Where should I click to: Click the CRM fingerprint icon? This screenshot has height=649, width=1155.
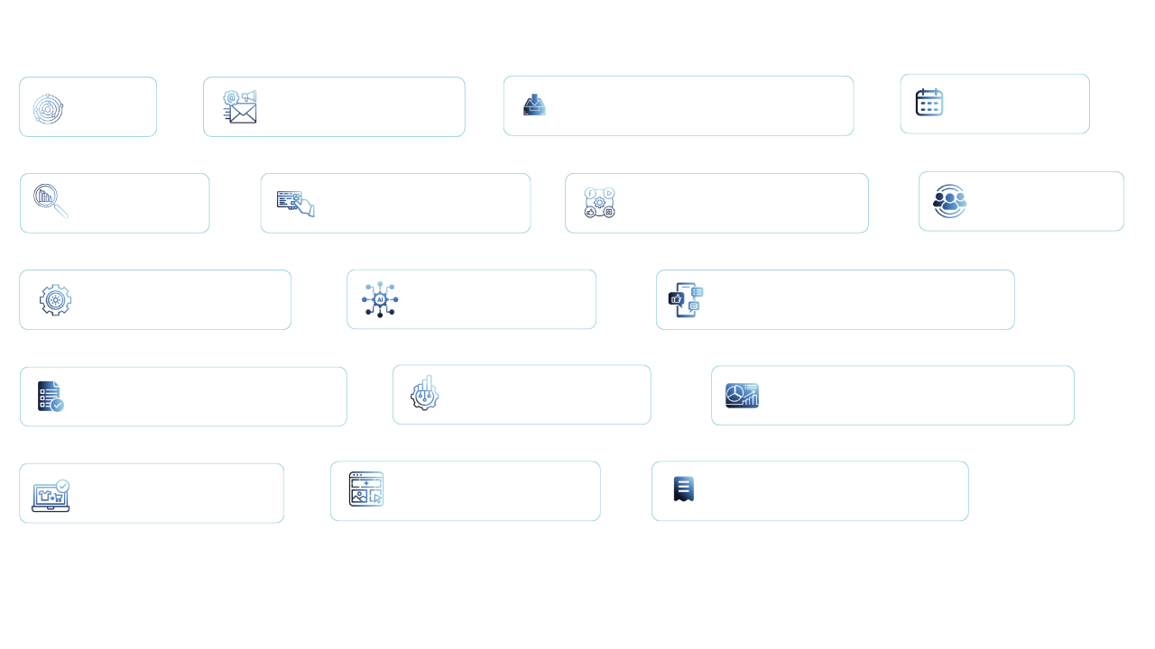tap(47, 108)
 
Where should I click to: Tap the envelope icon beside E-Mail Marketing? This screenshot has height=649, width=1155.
tap(240, 106)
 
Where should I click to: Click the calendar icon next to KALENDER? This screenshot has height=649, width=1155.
tap(929, 102)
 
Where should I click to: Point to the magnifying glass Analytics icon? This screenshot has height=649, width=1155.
tap(51, 201)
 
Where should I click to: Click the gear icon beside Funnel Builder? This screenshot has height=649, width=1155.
tap(55, 299)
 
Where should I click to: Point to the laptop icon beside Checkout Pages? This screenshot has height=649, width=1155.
tap(51, 495)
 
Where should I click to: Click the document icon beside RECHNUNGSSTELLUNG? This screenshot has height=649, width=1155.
tap(683, 489)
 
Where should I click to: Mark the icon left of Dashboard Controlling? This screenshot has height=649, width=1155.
tap(743, 396)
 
